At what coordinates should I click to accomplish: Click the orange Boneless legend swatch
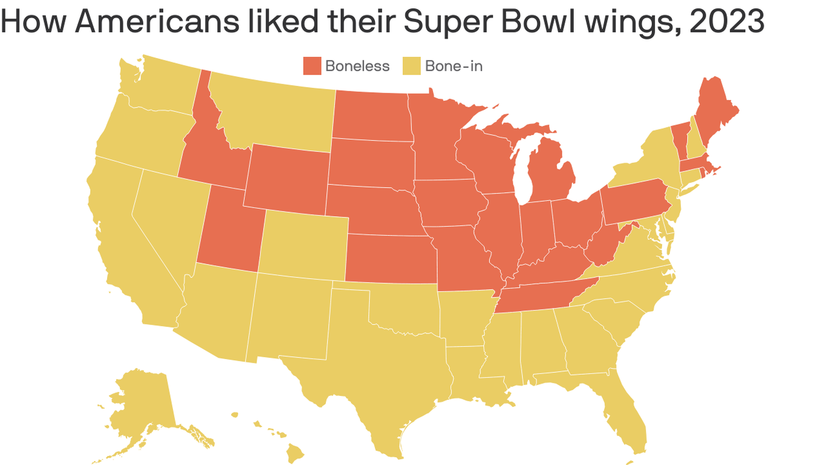(x=312, y=66)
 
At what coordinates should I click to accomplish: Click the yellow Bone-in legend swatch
(x=412, y=66)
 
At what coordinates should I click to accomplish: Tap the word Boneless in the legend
(x=357, y=66)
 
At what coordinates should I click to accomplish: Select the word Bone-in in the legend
(x=454, y=66)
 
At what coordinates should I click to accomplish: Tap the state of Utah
(x=227, y=233)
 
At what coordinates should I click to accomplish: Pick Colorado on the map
(x=304, y=245)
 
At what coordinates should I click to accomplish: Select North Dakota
(x=371, y=115)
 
